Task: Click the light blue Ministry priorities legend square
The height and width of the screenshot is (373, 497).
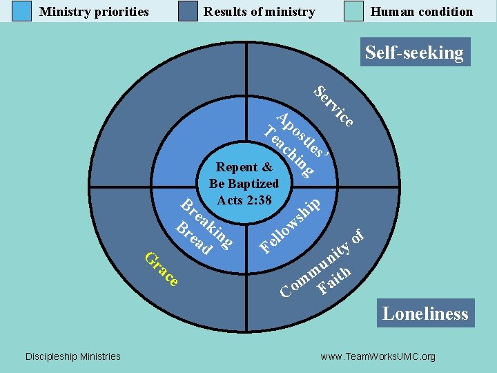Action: (x=21, y=11)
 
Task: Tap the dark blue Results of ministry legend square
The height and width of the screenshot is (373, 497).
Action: (x=188, y=11)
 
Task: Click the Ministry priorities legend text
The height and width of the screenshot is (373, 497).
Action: (x=94, y=11)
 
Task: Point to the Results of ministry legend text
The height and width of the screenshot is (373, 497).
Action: (x=259, y=11)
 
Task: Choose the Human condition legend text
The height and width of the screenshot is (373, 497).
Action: (x=422, y=11)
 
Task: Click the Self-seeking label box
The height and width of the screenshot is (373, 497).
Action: (x=414, y=52)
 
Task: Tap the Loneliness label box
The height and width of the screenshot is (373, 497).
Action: (x=425, y=313)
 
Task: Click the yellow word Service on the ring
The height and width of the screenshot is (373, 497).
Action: (x=334, y=106)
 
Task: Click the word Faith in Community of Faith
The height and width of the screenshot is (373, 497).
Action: (x=335, y=279)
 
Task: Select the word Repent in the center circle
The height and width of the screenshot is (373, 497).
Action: (x=237, y=167)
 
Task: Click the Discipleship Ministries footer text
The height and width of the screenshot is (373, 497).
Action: (x=72, y=356)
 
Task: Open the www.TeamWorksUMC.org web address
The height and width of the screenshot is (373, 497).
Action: (x=378, y=356)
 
